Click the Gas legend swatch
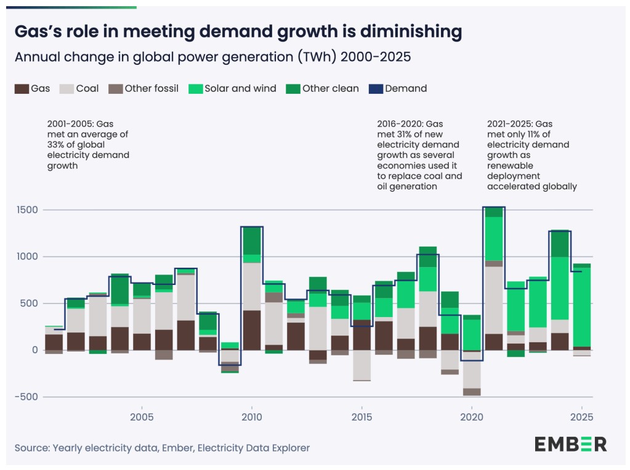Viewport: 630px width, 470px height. [x=22, y=89]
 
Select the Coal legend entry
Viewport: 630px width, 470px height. [x=79, y=89]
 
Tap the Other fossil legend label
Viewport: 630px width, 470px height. [x=151, y=89]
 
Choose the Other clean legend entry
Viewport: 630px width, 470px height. [x=323, y=89]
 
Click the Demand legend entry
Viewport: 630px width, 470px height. [x=398, y=89]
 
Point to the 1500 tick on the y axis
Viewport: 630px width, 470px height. [x=27, y=210]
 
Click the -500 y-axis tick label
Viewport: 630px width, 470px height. [x=26, y=397]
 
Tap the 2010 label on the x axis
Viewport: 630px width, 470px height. [x=252, y=417]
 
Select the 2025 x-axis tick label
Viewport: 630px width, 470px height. [x=582, y=417]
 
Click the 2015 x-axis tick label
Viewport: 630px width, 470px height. [x=361, y=417]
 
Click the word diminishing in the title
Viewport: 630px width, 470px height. [x=411, y=32]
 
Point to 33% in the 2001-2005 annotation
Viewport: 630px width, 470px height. [x=56, y=145]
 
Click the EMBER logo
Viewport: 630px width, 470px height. [x=570, y=444]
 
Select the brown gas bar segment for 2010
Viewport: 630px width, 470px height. [x=252, y=331]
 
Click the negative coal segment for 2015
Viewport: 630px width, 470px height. [x=361, y=365]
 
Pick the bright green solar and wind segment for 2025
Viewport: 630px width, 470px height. [x=582, y=307]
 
